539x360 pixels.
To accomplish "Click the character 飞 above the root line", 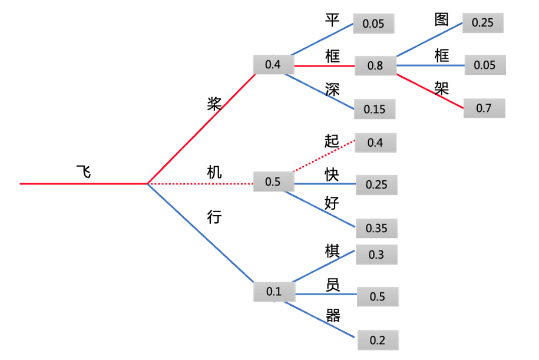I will pos(84,171).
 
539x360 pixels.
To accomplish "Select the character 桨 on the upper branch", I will pos(214,104).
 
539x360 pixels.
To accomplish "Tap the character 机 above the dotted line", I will pos(214,172).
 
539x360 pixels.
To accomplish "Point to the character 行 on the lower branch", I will pos(214,217).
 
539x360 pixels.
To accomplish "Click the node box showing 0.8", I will pos(375,65).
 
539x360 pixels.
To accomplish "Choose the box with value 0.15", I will pos(374,109).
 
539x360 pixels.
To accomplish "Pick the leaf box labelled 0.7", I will pos(484,108).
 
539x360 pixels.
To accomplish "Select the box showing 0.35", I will pos(376,228).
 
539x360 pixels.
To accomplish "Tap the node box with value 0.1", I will pos(274,290).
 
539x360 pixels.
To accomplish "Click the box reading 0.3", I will pos(376,255).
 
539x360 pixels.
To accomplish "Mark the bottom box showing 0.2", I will pos(377,340).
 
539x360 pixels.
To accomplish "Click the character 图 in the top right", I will pos(442,19).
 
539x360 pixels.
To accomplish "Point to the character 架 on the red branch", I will pos(442,88).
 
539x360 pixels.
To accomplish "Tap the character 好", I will pos(332,203).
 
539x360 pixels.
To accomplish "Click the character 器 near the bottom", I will pos(333,315).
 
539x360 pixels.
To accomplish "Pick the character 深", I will pos(332,88).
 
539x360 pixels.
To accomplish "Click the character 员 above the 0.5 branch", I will pos(332,285).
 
